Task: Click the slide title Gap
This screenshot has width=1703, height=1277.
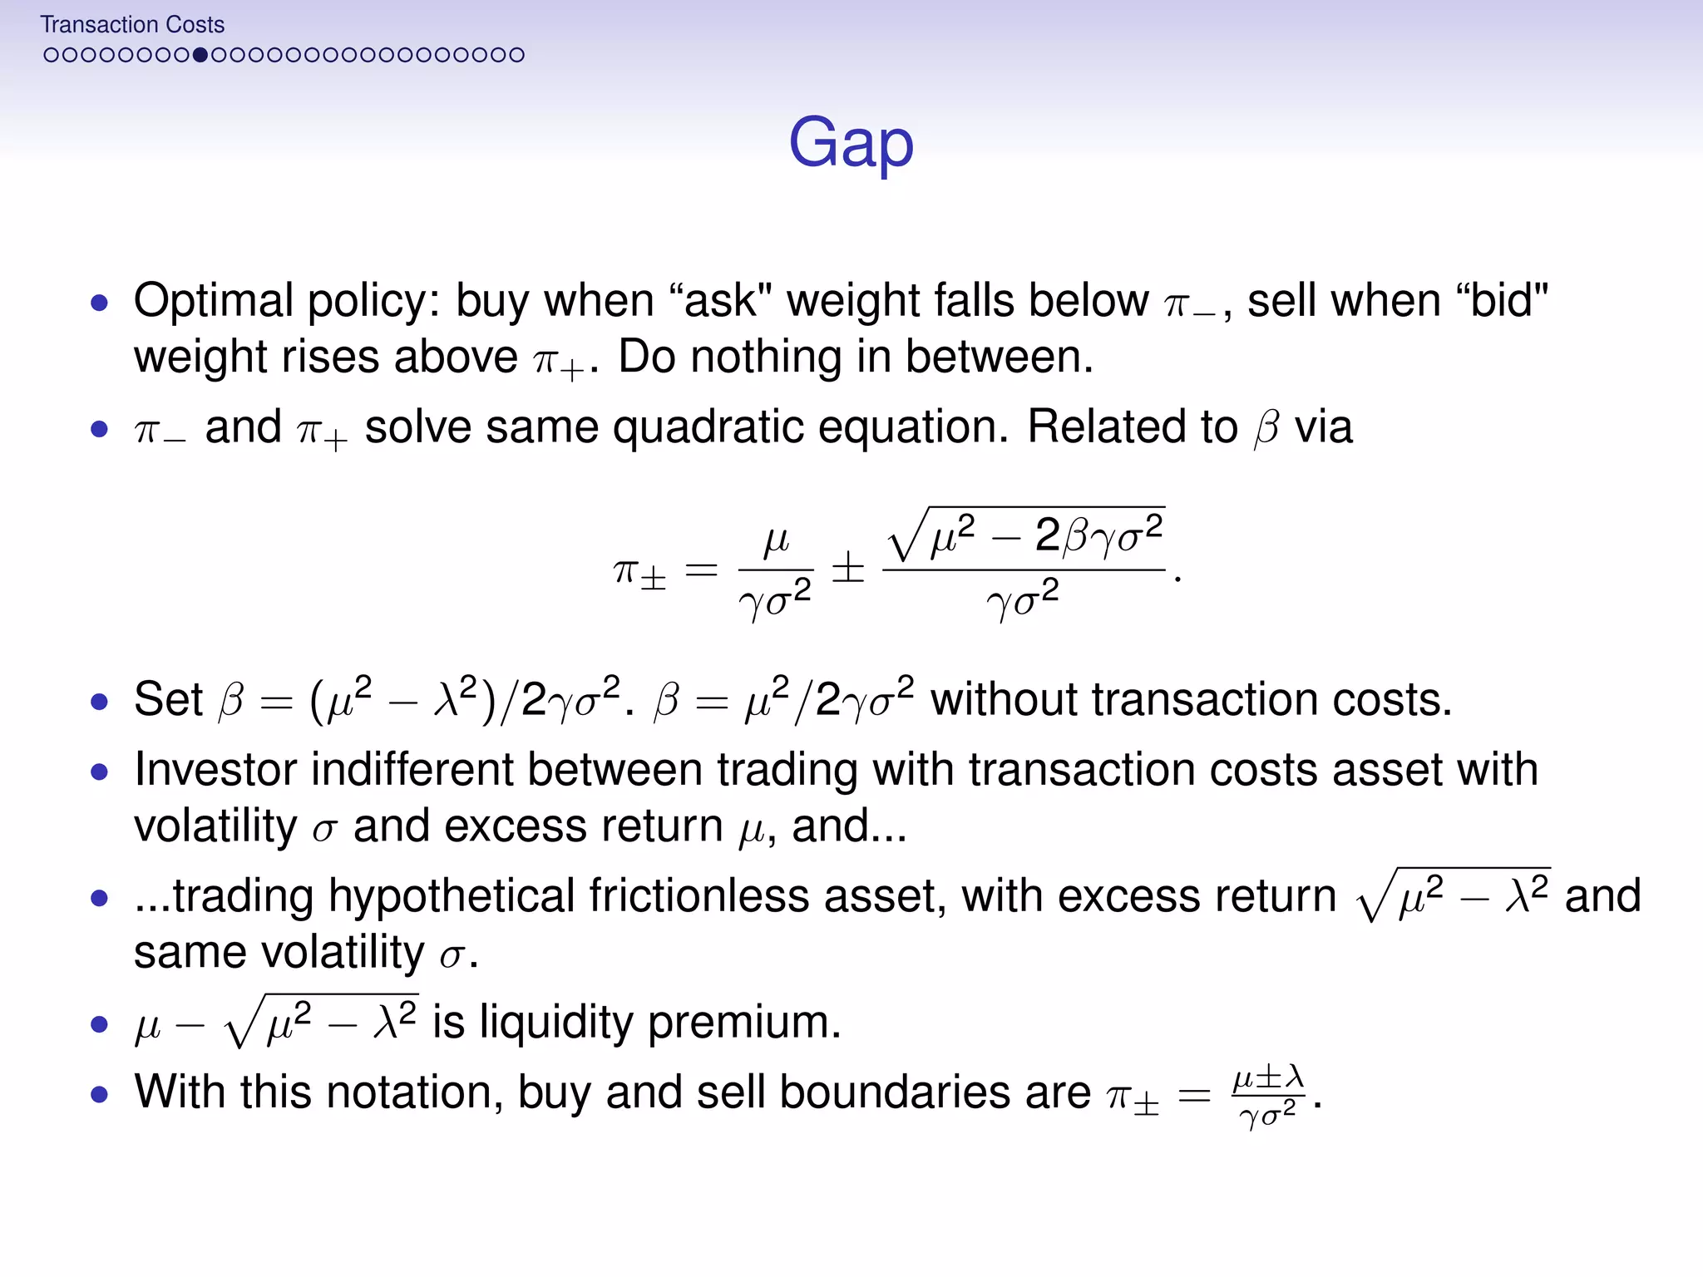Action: point(851,143)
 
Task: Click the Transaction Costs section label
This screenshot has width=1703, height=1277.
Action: point(132,25)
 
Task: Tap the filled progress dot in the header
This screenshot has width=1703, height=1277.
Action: point(200,56)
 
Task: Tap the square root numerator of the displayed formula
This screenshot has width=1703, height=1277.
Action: point(1025,535)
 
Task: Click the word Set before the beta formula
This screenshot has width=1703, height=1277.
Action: point(168,699)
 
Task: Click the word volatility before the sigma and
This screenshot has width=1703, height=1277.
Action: point(215,826)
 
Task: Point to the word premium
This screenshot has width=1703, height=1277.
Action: point(744,1022)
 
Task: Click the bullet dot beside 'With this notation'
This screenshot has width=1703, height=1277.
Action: point(100,1093)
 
